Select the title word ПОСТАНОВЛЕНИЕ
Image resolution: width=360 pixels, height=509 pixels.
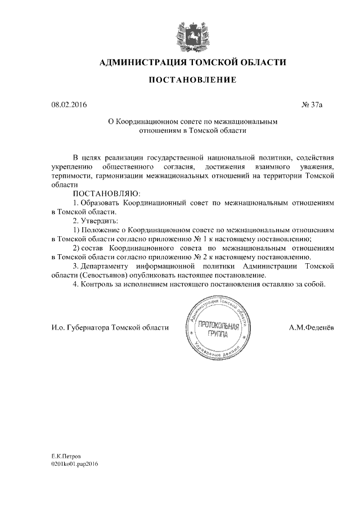coord(192,81)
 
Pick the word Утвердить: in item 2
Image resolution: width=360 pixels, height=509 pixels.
coord(96,220)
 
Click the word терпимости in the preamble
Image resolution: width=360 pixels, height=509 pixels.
coord(71,175)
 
